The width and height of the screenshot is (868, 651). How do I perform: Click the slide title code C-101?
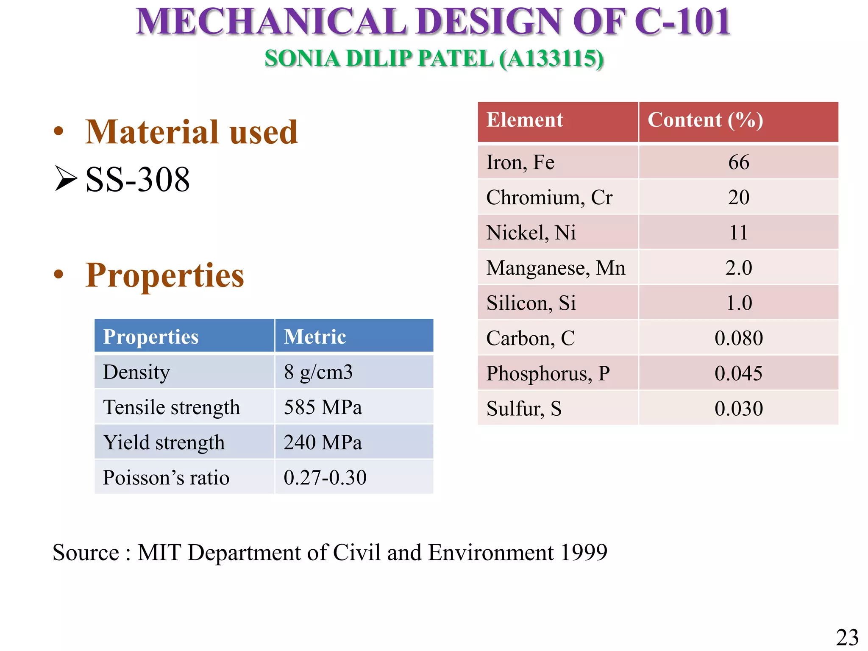point(682,22)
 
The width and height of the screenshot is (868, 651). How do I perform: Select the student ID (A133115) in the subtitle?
point(551,59)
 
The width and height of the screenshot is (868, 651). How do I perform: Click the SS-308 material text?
point(138,180)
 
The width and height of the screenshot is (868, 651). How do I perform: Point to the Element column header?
point(525,120)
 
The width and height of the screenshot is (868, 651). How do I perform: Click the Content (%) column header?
point(705,120)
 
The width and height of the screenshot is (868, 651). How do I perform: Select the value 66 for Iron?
point(738,163)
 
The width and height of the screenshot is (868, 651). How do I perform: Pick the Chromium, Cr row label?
point(549,198)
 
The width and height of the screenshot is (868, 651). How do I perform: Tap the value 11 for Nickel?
point(738,233)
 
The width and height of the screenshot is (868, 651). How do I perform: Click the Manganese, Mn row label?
point(556,268)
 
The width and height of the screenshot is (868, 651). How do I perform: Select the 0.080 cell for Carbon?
point(738,339)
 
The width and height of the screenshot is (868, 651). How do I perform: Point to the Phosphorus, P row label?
point(548,374)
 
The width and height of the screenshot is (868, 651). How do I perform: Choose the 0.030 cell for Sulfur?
point(738,409)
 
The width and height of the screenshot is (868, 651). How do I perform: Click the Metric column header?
point(315,337)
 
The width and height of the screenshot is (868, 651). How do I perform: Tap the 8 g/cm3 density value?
point(318,372)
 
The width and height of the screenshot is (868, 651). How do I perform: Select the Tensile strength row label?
point(171,408)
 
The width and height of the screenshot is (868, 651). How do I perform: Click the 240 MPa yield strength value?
point(323,443)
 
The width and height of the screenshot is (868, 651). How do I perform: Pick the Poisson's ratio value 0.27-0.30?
point(325,478)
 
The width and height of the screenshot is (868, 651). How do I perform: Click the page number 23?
point(847,637)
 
